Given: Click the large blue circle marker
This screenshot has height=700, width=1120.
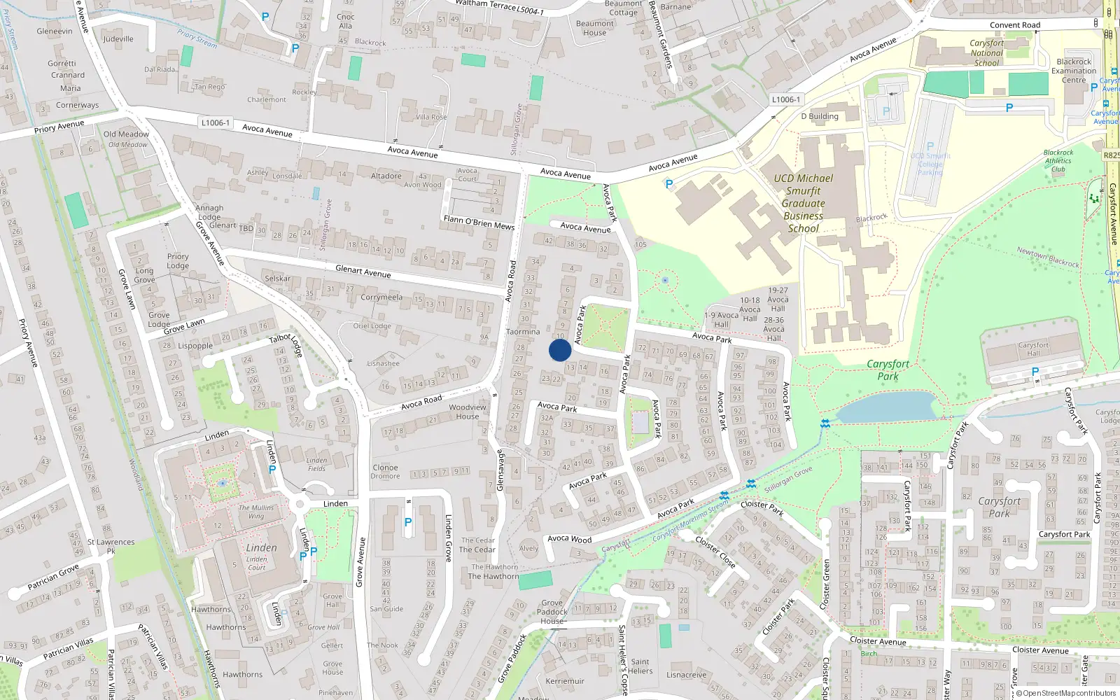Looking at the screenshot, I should coord(559,350).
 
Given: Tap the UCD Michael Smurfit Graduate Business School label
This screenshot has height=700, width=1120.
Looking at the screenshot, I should coord(803,203).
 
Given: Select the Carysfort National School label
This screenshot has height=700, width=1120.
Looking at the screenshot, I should coord(986,52).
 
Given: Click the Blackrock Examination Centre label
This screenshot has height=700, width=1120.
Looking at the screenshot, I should coord(1074,71).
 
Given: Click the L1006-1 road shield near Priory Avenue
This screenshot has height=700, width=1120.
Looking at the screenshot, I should coord(215,122).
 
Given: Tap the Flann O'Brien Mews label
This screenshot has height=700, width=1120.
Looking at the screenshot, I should coord(479,223).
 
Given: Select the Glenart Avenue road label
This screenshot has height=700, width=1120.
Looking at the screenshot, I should coord(363,272).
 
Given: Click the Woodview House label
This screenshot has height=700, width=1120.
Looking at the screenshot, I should coord(468,412).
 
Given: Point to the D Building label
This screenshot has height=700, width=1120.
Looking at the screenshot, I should coord(820,116).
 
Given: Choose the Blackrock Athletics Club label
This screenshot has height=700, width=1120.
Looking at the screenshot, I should coord(1058,160).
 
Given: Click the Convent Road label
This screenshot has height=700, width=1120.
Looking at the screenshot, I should coord(1015,25).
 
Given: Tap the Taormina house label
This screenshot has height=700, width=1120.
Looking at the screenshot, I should coord(523,332).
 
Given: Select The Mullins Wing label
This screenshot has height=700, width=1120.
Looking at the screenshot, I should coord(256,512).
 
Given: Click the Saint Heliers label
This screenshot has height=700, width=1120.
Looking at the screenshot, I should coord(640,666).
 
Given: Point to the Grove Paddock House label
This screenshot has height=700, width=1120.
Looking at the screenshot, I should coord(552,612).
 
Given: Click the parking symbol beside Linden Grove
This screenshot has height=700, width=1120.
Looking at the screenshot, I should coord(408,521).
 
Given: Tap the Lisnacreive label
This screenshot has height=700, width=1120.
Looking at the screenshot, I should coord(686,675).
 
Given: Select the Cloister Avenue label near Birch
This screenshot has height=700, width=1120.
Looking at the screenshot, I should coord(878,641).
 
